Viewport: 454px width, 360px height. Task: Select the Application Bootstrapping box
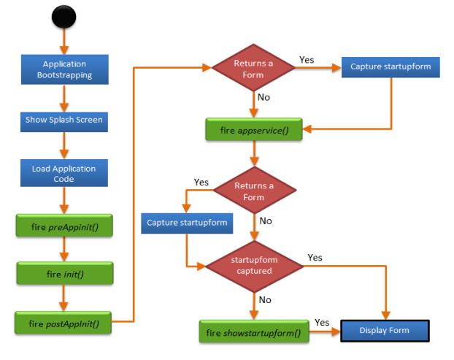pyautogui.click(x=64, y=69)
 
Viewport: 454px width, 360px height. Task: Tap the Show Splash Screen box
pyautogui.click(x=64, y=119)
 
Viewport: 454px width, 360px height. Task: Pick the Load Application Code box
pyautogui.click(x=64, y=173)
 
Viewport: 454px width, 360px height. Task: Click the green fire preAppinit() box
pyautogui.click(x=64, y=226)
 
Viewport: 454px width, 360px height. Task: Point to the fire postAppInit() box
pyautogui.click(x=64, y=322)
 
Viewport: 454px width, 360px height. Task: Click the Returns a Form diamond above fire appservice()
pyautogui.click(x=253, y=67)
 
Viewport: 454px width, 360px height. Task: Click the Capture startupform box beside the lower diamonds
pyautogui.click(x=187, y=221)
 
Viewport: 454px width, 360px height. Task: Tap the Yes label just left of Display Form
pyautogui.click(x=321, y=322)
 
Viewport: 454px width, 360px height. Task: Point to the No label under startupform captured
pyautogui.click(x=263, y=299)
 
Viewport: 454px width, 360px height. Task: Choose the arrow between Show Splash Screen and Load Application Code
pyautogui.click(x=64, y=145)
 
